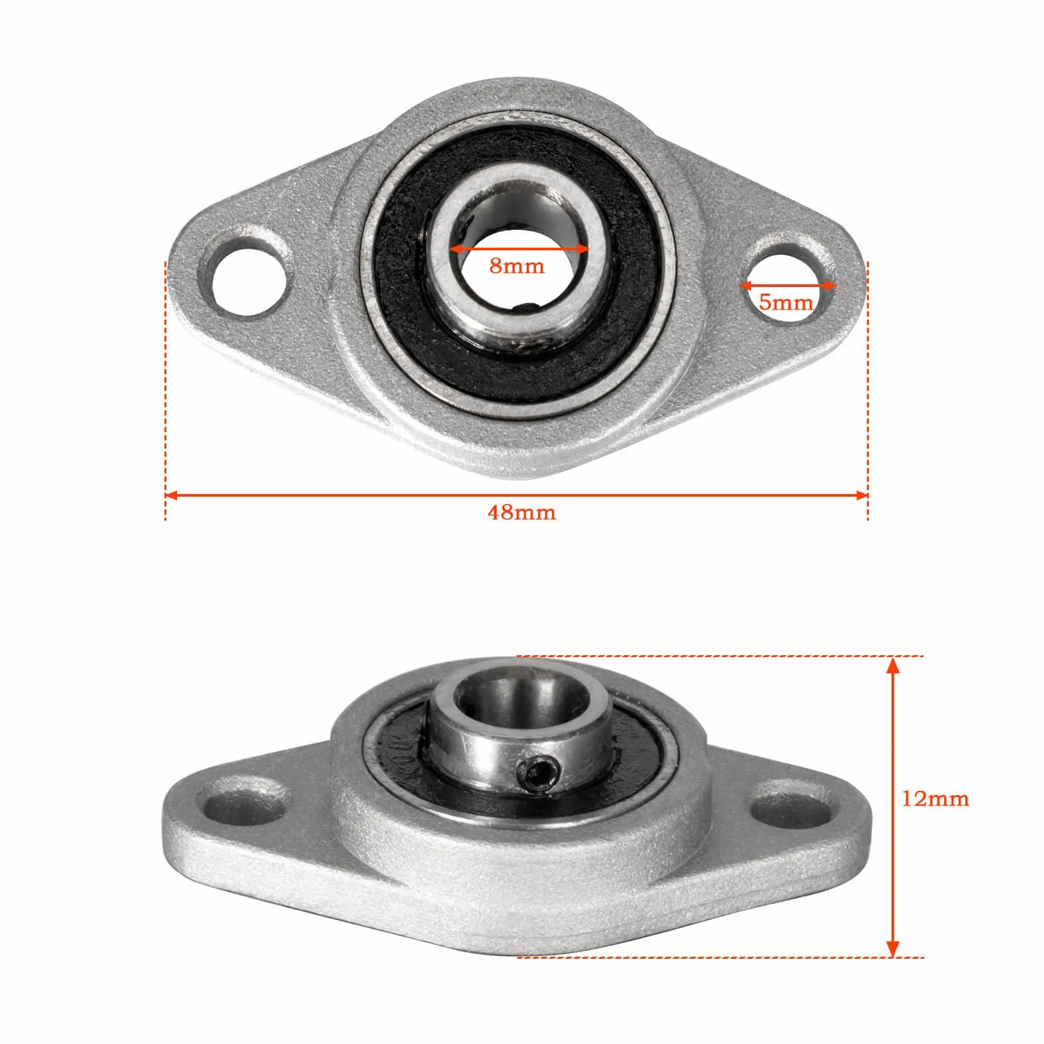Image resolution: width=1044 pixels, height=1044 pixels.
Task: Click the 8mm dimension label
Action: (x=517, y=266)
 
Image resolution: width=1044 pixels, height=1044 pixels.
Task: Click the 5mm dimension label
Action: (x=786, y=302)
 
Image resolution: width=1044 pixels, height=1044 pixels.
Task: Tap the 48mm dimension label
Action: (x=521, y=513)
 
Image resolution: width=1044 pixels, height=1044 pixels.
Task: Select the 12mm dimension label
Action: (x=935, y=798)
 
